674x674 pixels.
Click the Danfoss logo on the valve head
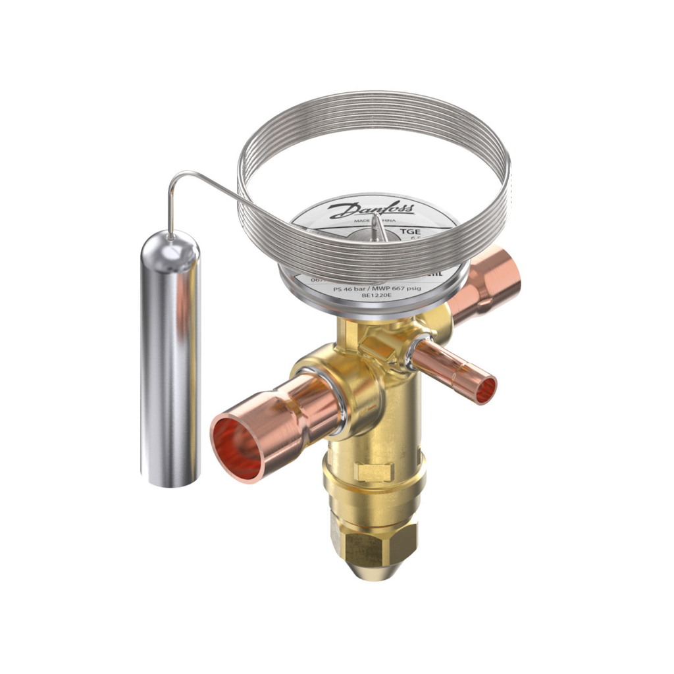click(x=372, y=209)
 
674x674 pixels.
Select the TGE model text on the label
click(x=411, y=232)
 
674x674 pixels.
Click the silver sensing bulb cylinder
click(x=170, y=369)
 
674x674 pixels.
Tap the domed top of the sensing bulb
click(x=170, y=244)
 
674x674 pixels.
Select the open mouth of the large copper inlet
click(x=237, y=448)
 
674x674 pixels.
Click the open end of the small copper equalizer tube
click(x=486, y=390)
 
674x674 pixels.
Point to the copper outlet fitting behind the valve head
click(x=490, y=283)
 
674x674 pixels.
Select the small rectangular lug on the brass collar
click(x=373, y=471)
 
